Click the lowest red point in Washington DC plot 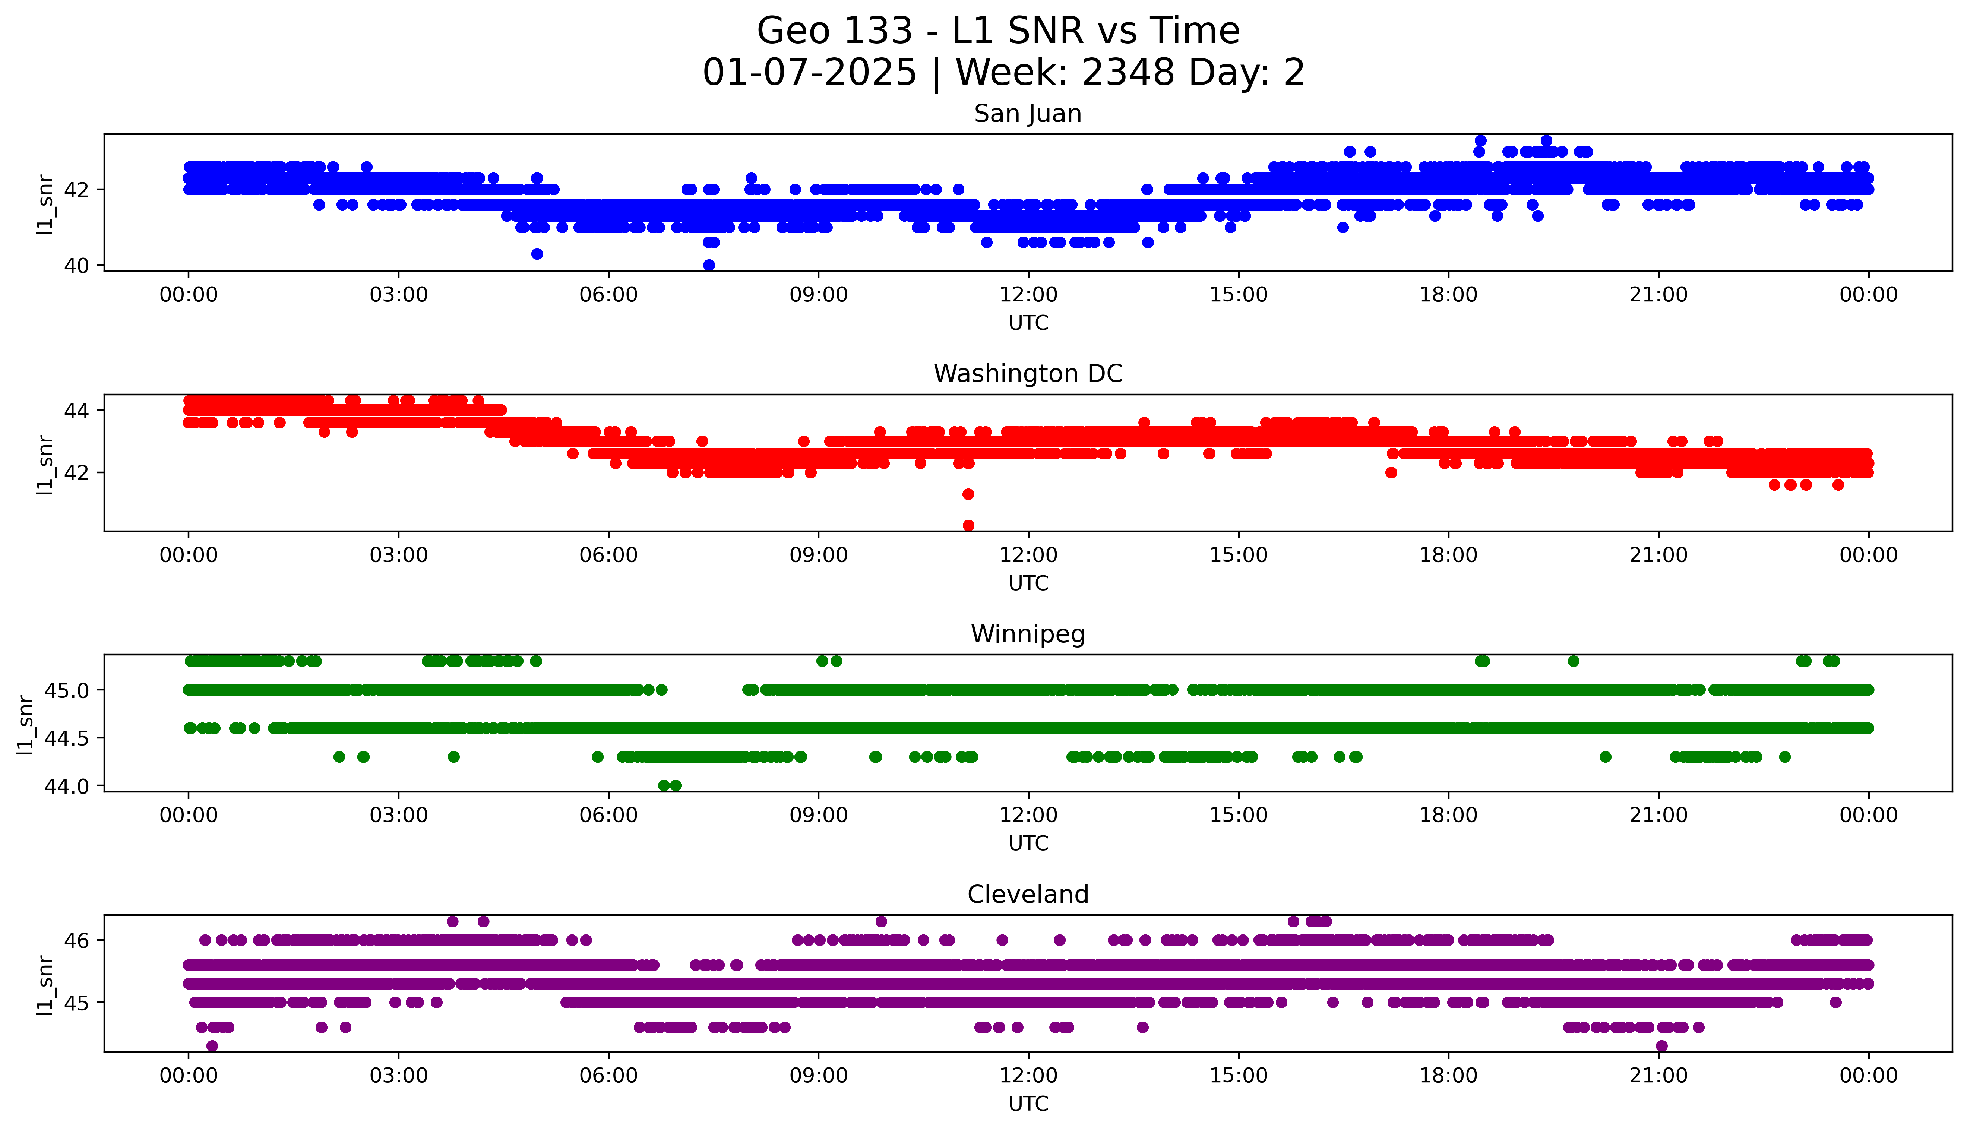coord(968,525)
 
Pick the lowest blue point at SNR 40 coord(708,265)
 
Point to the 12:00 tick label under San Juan coord(1028,295)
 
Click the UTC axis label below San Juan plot coord(1028,323)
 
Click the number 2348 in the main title coord(1128,73)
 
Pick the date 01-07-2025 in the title coord(809,73)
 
